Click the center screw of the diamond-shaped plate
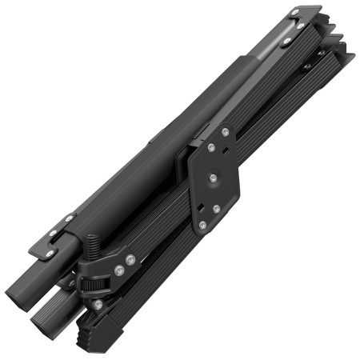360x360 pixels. [x=214, y=178]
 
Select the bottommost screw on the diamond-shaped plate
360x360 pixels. [x=203, y=226]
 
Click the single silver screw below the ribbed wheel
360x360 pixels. [x=98, y=304]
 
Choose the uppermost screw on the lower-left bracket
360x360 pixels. [x=70, y=218]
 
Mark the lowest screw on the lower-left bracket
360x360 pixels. [x=50, y=254]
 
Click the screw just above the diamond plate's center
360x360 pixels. [x=212, y=146]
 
